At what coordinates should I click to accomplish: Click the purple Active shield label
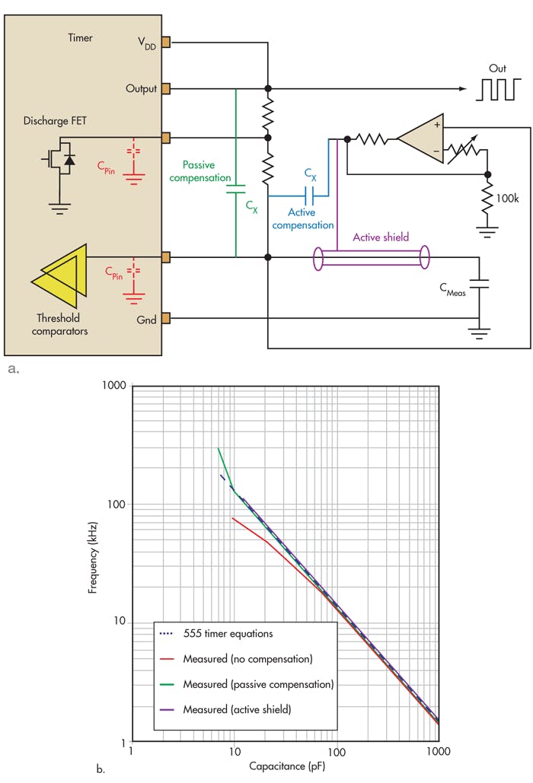tap(380, 237)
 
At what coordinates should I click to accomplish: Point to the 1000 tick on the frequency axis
tap(113, 386)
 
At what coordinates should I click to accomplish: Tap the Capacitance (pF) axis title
tap(285, 772)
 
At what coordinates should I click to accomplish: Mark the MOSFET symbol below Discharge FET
tap(58, 159)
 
